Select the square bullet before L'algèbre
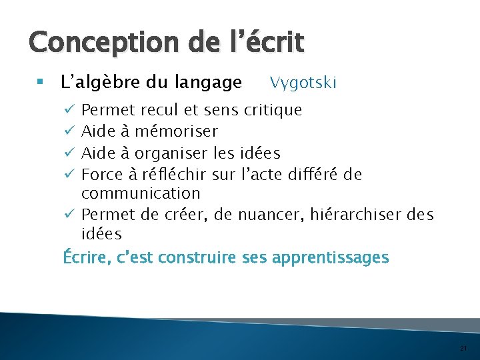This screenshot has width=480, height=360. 40,83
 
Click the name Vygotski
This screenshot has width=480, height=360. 303,83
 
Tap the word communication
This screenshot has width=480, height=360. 141,193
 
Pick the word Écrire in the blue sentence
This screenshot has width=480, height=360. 85,257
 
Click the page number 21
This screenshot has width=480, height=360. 463,349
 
